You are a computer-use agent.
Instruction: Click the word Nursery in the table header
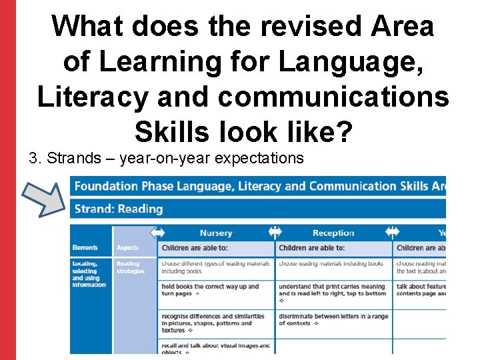coord(216,233)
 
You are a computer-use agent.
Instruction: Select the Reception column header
coord(333,233)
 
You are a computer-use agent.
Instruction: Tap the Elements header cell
coord(85,248)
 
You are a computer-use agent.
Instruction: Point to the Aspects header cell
coord(127,248)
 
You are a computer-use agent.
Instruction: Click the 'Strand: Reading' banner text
coord(119,209)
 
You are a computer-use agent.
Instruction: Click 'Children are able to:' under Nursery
coord(194,248)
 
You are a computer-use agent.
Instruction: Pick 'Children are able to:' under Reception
coord(312,248)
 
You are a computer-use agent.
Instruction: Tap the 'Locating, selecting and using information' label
coord(89,274)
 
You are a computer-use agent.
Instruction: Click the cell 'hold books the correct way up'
coord(210,290)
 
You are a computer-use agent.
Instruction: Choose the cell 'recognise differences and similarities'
coord(213,323)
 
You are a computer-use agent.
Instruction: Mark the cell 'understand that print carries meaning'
coord(332,290)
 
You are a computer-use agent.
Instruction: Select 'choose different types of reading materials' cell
coord(215,267)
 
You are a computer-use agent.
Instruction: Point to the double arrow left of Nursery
coord(158,232)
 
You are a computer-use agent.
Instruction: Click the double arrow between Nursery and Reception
coord(275,232)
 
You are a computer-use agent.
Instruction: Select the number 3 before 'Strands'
coord(33,159)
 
